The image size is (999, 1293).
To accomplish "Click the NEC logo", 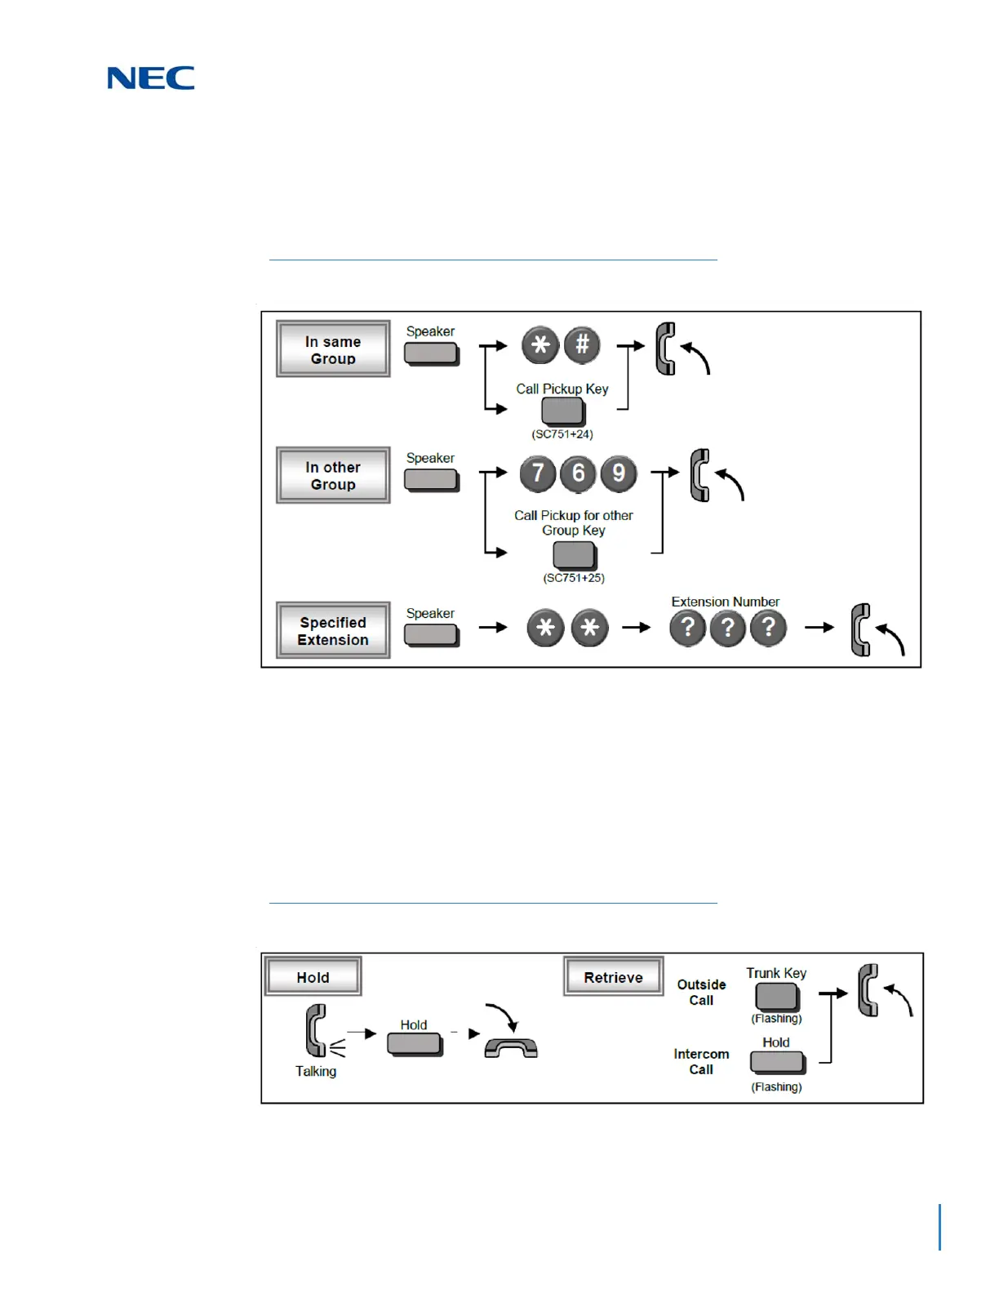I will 151,78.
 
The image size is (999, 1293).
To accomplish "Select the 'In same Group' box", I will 333,349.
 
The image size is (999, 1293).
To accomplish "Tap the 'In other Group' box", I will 333,476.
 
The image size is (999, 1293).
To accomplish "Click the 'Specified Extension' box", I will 333,631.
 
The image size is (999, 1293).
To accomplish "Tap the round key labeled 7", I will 538,473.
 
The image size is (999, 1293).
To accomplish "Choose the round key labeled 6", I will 578,473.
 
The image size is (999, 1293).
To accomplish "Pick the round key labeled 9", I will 619,473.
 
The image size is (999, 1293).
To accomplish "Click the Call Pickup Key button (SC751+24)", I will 562,411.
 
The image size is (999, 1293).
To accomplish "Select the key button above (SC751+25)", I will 574,555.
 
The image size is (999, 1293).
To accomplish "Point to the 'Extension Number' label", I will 725,602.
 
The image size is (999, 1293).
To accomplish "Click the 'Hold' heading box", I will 313,977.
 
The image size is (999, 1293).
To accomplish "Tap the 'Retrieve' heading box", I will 613,977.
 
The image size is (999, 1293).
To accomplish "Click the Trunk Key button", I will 776,997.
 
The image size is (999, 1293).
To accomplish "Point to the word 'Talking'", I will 316,1071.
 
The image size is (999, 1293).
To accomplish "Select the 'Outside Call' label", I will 701,993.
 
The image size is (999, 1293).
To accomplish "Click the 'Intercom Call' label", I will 701,1062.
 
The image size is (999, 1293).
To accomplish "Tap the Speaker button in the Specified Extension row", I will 431,634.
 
